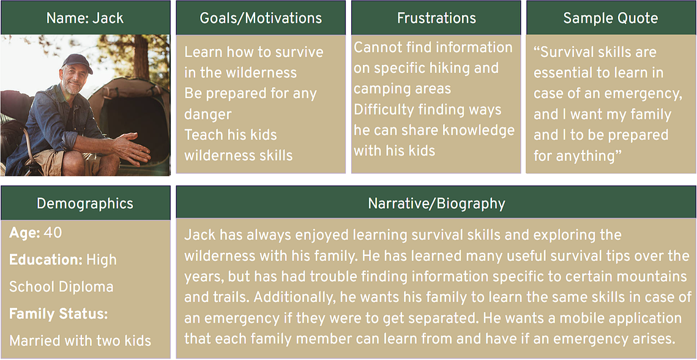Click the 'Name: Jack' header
pyautogui.click(x=85, y=18)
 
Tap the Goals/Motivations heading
pyautogui.click(x=261, y=18)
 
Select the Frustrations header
pyautogui.click(x=436, y=18)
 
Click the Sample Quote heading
pyautogui.click(x=611, y=18)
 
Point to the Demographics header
pyautogui.click(x=85, y=203)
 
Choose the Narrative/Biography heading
pyautogui.click(x=436, y=203)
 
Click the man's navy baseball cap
pyautogui.click(x=77, y=62)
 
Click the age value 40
pyautogui.click(x=53, y=233)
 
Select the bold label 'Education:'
pyautogui.click(x=46, y=260)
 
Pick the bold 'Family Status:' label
pyautogui.click(x=59, y=314)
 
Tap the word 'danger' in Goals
pyautogui.click(x=208, y=115)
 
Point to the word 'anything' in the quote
pyautogui.click(x=587, y=156)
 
